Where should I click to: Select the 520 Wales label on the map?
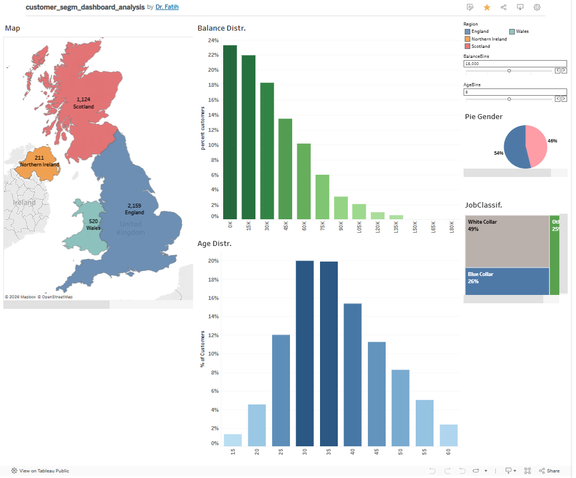[x=93, y=224]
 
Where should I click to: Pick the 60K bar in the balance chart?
[x=304, y=181]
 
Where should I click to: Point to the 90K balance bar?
[x=341, y=208]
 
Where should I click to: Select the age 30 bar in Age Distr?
[x=304, y=353]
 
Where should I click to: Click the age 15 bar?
[x=233, y=440]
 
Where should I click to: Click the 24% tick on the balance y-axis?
[x=214, y=41]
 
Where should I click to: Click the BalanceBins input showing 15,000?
[x=515, y=64]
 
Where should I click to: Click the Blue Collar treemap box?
[x=506, y=281]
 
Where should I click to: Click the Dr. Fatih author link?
[x=167, y=7]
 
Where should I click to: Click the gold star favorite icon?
[x=487, y=7]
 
